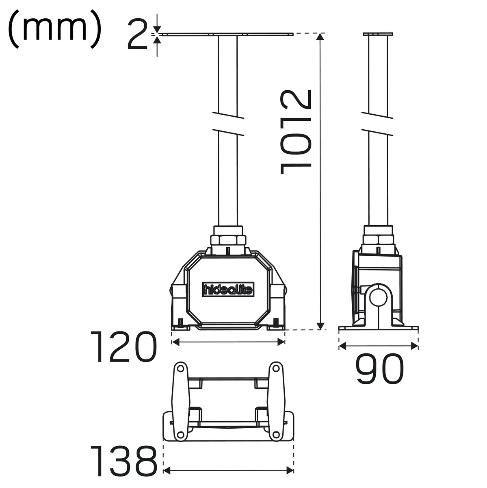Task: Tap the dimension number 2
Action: tap(137, 35)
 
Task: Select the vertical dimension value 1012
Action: tap(296, 132)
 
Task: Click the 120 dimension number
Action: tap(123, 347)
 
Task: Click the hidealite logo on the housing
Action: tap(228, 289)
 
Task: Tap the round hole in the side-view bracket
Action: tap(378, 298)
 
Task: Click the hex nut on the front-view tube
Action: tap(228, 240)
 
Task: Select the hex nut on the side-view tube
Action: tap(378, 240)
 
